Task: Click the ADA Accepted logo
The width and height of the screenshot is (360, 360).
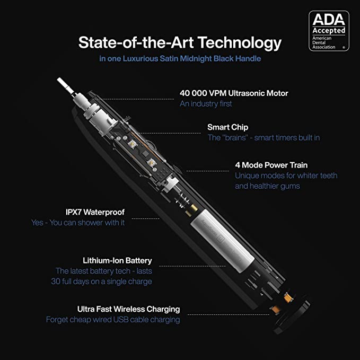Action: click(329, 31)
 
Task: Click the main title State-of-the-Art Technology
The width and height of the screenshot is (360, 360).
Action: click(180, 42)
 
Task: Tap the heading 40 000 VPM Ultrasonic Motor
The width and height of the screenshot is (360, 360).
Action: click(234, 93)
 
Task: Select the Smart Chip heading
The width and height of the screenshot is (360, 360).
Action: click(227, 127)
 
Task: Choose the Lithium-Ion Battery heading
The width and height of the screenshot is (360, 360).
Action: click(117, 260)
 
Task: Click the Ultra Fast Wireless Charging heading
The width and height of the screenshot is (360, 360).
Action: click(128, 309)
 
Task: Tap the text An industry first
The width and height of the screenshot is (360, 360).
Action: click(206, 104)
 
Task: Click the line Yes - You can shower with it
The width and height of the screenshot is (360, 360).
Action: click(78, 223)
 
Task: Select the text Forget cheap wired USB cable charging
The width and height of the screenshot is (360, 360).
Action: click(113, 320)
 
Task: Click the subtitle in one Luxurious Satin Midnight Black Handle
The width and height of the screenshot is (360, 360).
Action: click(180, 59)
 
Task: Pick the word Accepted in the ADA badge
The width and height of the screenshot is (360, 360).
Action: click(329, 30)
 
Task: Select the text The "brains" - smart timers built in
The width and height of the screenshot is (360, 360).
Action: click(264, 138)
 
